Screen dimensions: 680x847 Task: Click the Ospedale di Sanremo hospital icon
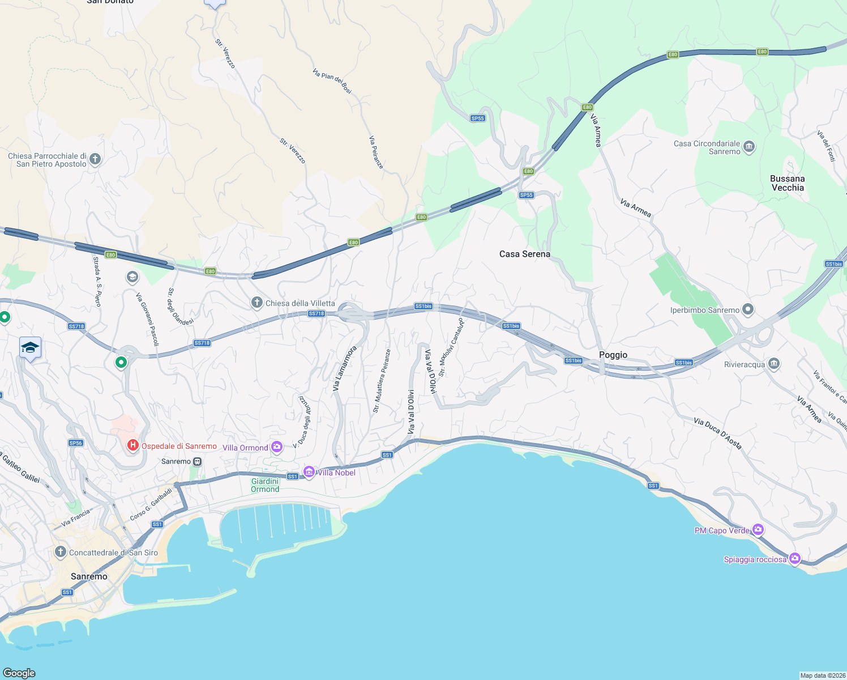tap(133, 445)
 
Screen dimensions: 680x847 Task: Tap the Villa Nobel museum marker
tap(309, 472)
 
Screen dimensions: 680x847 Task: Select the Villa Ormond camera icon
tap(277, 448)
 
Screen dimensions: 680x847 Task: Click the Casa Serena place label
tap(524, 254)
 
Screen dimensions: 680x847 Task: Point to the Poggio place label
tap(613, 355)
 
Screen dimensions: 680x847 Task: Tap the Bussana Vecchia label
tap(787, 183)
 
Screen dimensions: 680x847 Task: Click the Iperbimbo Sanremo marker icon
tap(748, 309)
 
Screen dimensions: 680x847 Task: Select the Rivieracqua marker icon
tap(774, 364)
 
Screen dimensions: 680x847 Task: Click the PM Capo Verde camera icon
tap(758, 530)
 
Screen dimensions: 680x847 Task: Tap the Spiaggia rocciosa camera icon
tap(795, 559)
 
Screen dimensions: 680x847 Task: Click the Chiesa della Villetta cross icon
tap(257, 303)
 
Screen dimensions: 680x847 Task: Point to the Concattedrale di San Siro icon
tap(61, 552)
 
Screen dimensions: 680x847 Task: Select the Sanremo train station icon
tap(197, 461)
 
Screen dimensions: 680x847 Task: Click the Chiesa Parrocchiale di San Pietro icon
tap(95, 159)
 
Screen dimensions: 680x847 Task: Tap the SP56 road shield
tap(76, 443)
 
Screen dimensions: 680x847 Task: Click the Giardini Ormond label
tap(265, 485)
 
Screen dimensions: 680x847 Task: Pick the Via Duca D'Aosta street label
tap(717, 433)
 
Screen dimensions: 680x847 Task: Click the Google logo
tap(19, 673)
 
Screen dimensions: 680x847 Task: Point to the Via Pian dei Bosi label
tap(332, 81)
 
